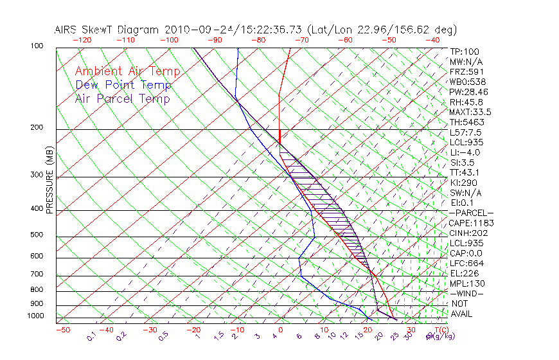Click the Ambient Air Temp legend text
pos(127,71)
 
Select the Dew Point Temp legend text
pos(123,85)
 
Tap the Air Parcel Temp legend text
pos(122,98)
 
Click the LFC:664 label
pos(466,263)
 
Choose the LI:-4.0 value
pos(465,152)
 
